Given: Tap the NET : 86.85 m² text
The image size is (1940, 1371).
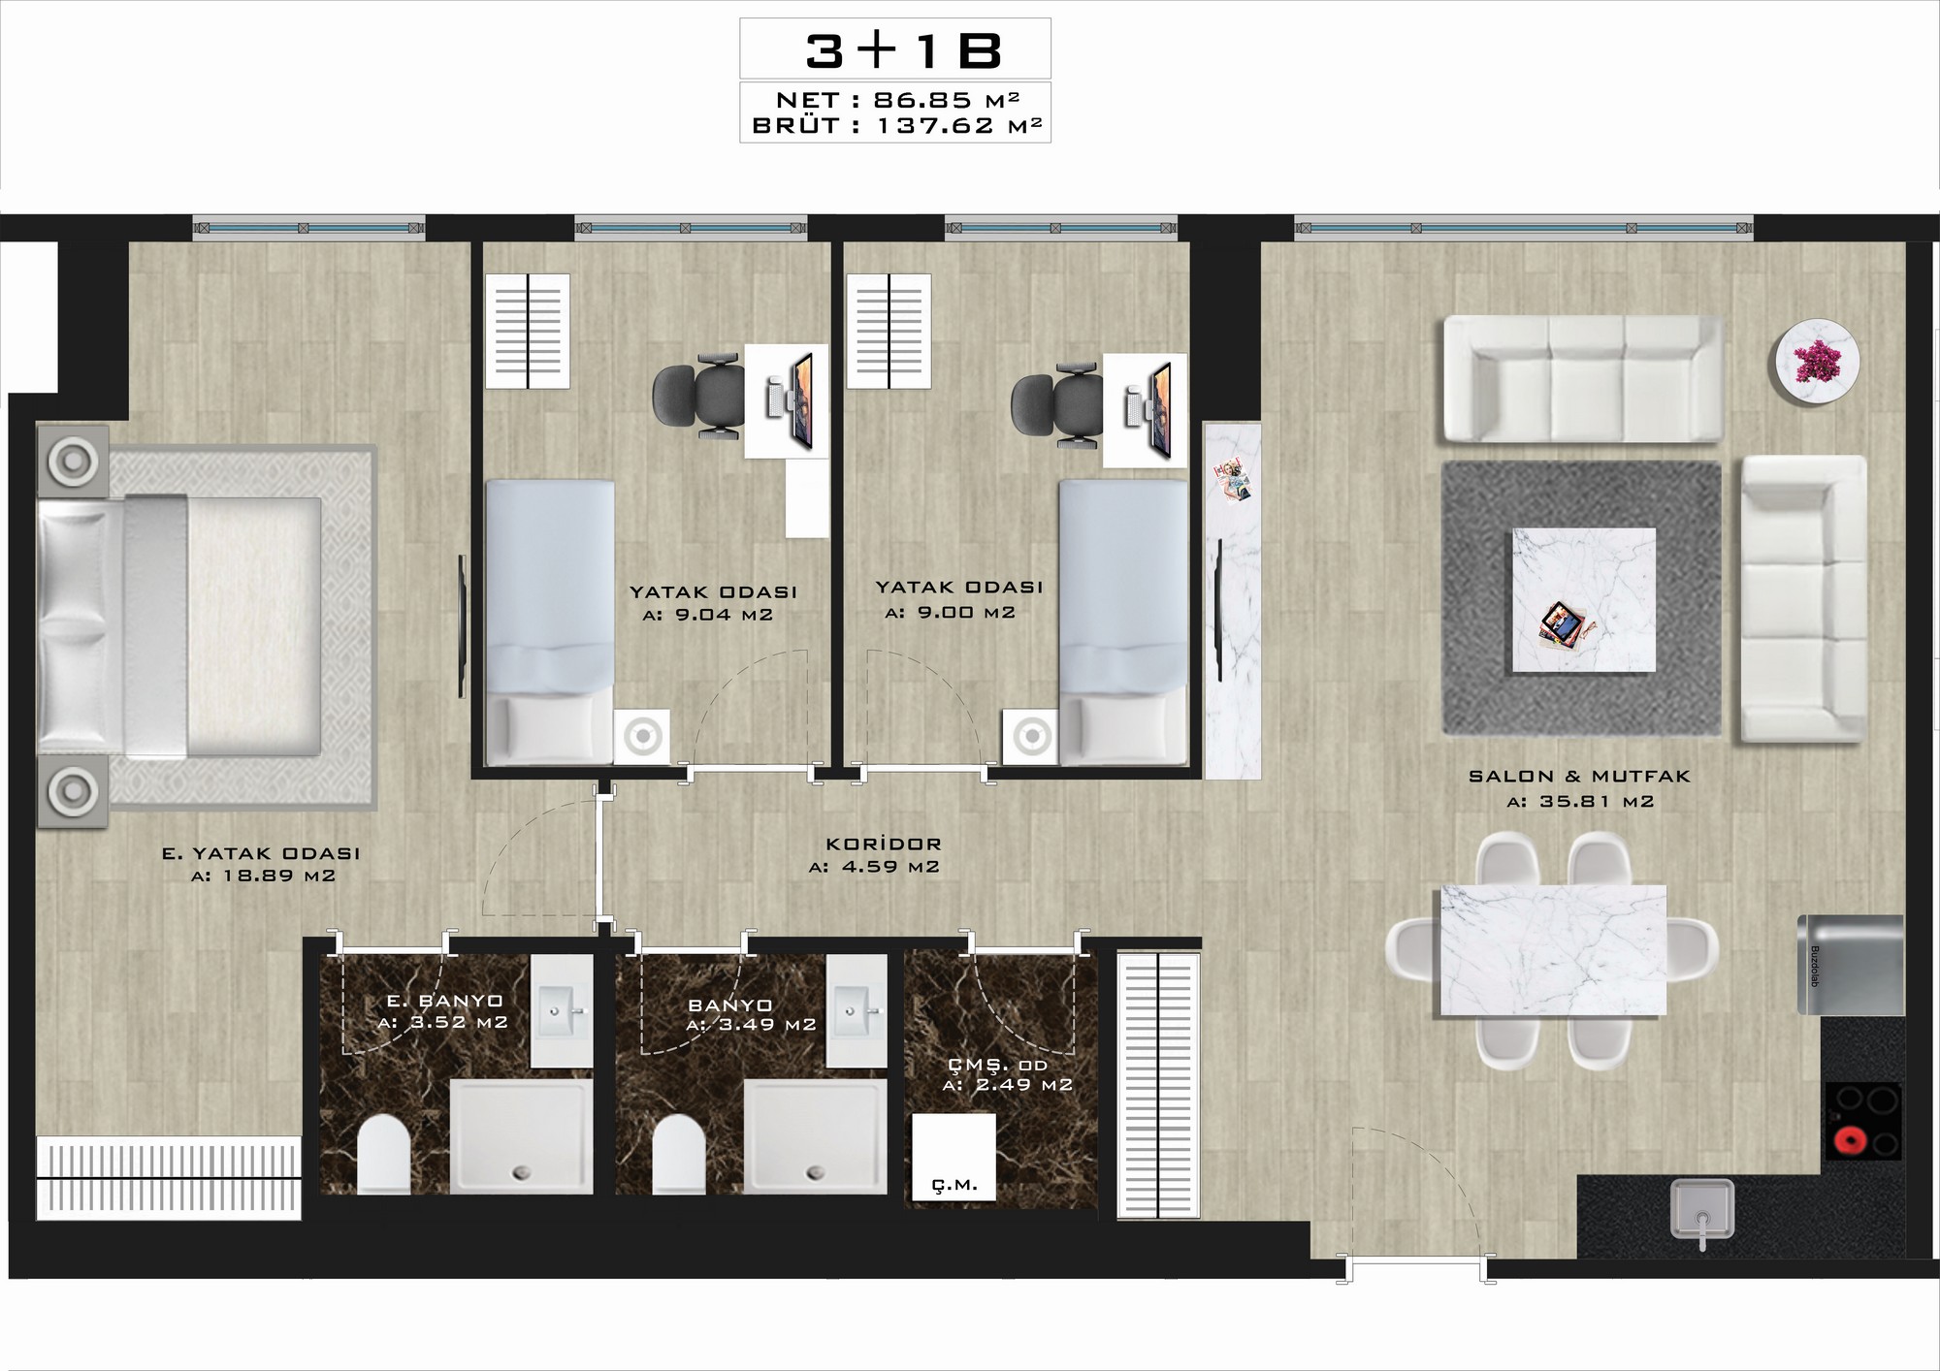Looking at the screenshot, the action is pos(897,99).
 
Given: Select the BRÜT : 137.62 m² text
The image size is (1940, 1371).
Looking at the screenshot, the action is pos(897,125).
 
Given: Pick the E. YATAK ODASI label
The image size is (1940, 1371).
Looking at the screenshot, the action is pos(261,854).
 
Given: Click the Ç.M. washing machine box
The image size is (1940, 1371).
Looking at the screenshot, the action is pos(954,1158).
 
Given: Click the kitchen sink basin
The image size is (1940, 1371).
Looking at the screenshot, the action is pos(1701,1207).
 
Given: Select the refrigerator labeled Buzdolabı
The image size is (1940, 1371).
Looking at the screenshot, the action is pos(1851,964).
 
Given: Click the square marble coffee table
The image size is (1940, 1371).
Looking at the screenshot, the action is pos(1584,600).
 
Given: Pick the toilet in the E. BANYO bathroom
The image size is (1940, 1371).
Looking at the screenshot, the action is pos(384,1154).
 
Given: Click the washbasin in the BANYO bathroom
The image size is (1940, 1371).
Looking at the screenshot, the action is pos(857,1010).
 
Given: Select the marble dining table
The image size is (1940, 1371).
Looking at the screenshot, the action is pos(1553,950).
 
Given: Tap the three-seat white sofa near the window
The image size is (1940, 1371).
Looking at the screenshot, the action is pos(1584,378).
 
